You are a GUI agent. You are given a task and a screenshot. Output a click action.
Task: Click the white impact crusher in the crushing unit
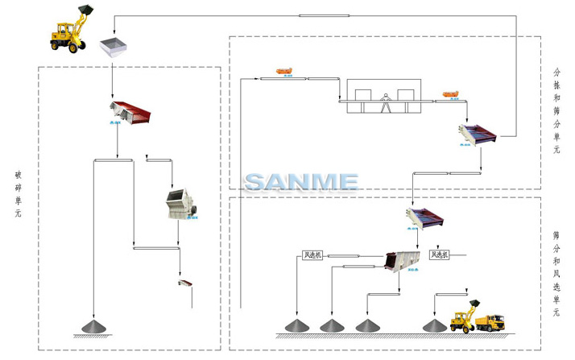point(182,204)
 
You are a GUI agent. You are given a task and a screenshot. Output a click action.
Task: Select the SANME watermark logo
point(301,182)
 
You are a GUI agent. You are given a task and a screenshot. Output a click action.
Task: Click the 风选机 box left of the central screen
point(311,256)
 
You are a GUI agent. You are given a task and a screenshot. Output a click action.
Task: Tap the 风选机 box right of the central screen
point(440,255)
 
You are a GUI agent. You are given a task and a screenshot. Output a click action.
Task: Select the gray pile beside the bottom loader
point(436,325)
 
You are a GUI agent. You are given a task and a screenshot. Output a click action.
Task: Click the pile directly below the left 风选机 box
point(297,325)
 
